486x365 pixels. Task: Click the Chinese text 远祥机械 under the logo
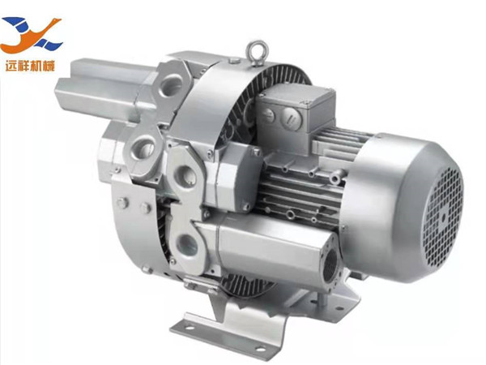pyautogui.click(x=30, y=66)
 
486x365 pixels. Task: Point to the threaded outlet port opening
pyautogui.click(x=330, y=266)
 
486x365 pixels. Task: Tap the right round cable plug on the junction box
pyautogui.click(x=291, y=118)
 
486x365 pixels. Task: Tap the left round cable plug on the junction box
pyautogui.click(x=267, y=116)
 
